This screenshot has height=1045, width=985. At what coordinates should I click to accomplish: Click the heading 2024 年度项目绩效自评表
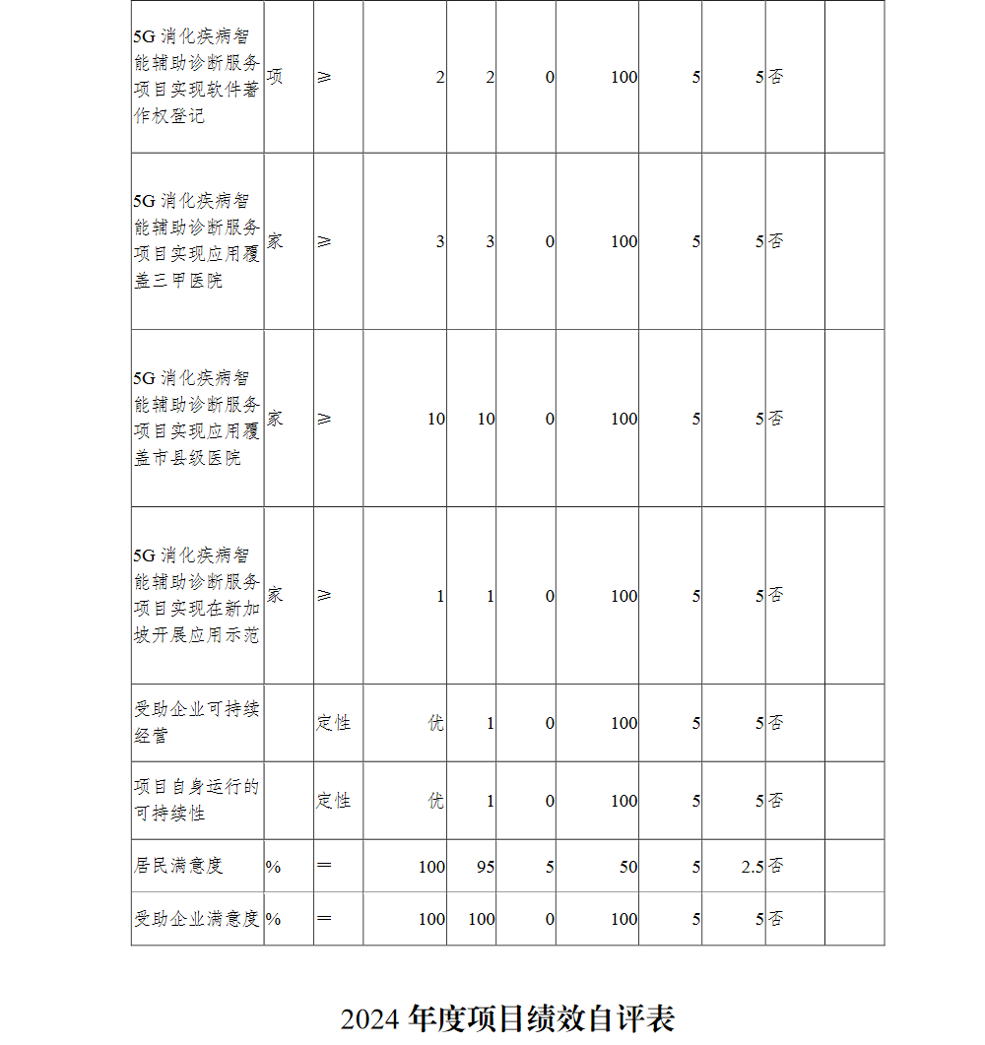click(507, 1018)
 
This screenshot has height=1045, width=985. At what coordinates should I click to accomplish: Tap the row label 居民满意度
click(178, 866)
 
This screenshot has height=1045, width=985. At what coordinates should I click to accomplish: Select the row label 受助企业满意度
click(197, 919)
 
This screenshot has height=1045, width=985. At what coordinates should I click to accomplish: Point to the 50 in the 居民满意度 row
click(627, 867)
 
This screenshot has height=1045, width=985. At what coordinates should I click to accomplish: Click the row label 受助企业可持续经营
click(197, 722)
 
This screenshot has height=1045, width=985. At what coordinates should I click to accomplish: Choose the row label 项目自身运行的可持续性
click(197, 800)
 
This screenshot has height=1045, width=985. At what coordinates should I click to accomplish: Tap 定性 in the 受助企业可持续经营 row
click(333, 723)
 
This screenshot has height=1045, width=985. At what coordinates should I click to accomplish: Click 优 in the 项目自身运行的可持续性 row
click(435, 801)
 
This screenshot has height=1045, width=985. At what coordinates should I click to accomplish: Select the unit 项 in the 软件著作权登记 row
click(275, 77)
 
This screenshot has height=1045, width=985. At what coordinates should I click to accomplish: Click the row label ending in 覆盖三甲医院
click(197, 240)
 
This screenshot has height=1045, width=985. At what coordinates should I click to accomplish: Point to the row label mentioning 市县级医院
click(197, 418)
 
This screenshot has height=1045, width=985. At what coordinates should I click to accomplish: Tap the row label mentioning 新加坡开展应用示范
click(197, 595)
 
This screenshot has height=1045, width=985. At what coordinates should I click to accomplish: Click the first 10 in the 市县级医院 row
click(435, 419)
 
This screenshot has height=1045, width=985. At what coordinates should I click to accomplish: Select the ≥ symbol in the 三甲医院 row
click(324, 241)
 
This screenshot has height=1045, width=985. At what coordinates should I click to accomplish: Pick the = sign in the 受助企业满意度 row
click(324, 919)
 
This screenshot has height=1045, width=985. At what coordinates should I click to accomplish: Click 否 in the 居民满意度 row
click(776, 867)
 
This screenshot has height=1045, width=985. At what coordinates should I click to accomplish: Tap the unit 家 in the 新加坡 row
click(275, 595)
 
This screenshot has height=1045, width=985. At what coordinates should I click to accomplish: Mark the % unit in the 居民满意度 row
click(273, 867)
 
